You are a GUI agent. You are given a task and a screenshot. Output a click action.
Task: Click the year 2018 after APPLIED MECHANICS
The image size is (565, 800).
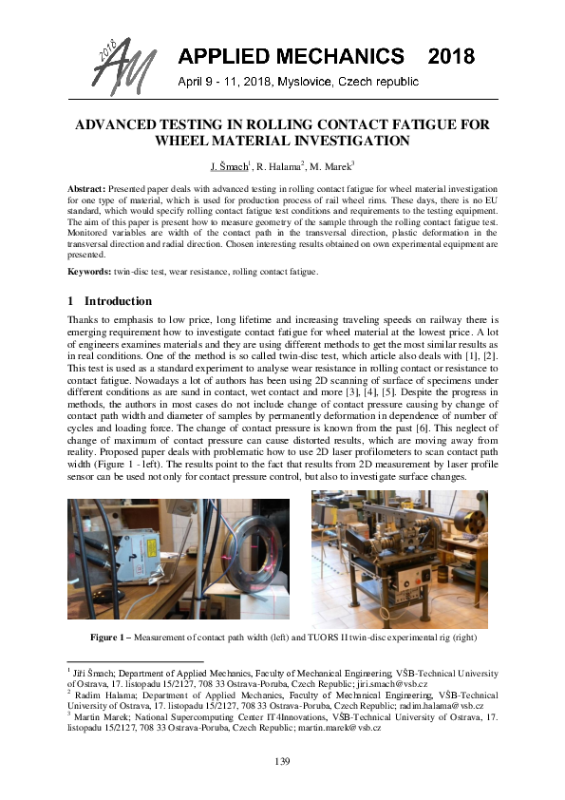450,58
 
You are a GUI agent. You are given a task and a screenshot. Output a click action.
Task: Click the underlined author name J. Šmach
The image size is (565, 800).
228,165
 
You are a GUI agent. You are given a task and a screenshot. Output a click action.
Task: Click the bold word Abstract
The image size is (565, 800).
86,190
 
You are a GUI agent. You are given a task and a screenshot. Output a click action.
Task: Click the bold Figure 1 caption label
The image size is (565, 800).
111,635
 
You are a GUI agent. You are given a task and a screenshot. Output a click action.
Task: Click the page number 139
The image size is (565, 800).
282,761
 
